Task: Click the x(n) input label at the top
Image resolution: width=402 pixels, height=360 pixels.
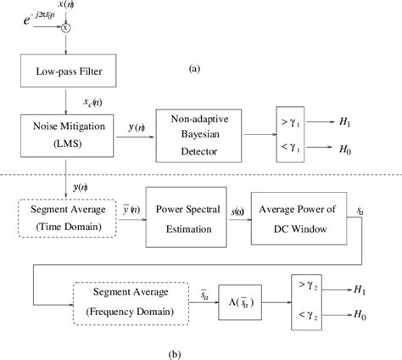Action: pos(68,5)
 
